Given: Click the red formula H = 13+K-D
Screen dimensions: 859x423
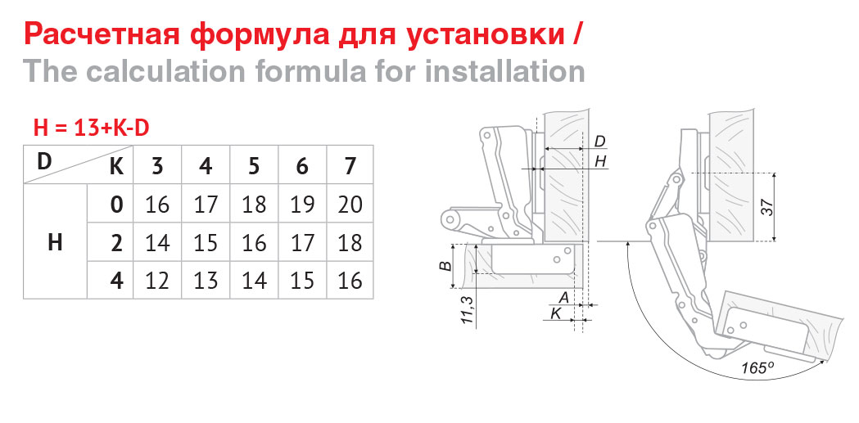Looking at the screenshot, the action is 92,128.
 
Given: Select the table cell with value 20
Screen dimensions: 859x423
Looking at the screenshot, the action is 350,204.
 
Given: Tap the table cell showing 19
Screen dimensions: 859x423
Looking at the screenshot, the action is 302,204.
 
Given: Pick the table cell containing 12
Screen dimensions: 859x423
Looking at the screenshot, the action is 157,280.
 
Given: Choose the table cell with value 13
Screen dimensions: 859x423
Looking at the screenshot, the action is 206,280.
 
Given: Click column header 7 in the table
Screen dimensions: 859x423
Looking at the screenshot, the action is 350,165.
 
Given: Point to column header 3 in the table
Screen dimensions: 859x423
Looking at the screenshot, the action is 157,165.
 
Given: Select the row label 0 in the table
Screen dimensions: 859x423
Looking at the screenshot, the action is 116,204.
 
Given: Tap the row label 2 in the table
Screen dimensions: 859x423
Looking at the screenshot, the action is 116,242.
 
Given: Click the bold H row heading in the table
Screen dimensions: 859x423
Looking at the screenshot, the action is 55,242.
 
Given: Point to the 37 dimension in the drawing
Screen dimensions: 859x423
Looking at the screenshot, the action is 770,207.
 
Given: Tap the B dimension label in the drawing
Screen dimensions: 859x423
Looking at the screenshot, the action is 446,267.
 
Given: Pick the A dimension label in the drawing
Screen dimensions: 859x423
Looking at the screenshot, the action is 563,298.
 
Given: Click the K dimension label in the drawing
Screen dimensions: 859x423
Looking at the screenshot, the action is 555,313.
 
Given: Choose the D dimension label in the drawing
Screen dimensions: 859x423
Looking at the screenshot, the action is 600,142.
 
